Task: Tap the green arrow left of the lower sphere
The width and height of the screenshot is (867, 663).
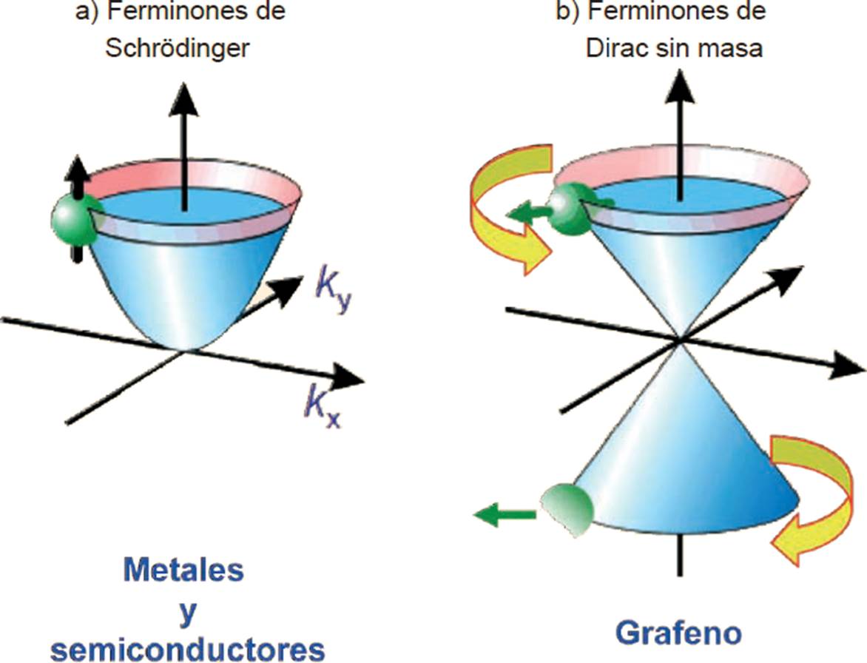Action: (x=505, y=513)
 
